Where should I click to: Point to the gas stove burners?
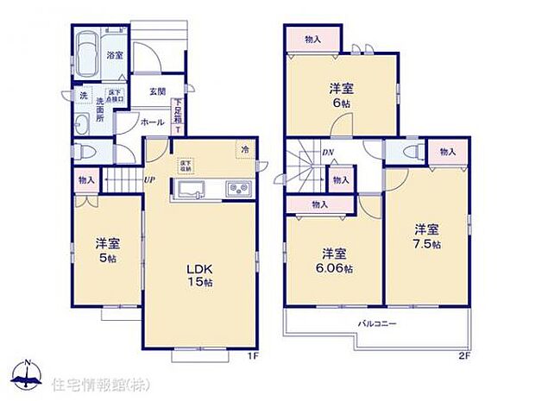pyautogui.click(x=237, y=189)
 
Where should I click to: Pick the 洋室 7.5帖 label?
pyautogui.click(x=426, y=236)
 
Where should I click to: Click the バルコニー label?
pyautogui.click(x=378, y=324)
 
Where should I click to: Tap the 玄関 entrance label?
pyautogui.click(x=156, y=91)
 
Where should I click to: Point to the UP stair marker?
pyautogui.click(x=148, y=179)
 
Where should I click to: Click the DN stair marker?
pyautogui.click(x=328, y=154)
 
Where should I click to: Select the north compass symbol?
pyautogui.click(x=28, y=373)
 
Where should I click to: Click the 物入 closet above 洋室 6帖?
pyautogui.click(x=312, y=39)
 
